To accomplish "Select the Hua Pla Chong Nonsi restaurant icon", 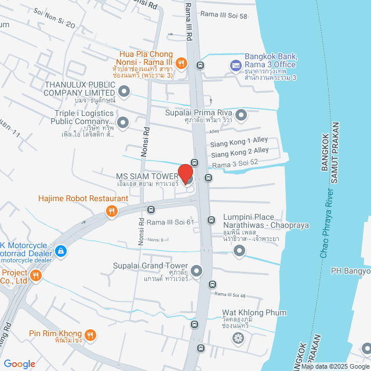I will (181, 62).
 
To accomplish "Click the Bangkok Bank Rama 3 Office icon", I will (235, 65).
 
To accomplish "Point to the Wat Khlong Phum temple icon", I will (237, 337).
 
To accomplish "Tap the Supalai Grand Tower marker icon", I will (197, 271).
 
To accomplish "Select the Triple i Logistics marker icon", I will (122, 122).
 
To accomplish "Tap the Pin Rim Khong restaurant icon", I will (90, 334).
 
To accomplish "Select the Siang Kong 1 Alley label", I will (239, 141).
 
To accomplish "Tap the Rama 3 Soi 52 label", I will (235, 165).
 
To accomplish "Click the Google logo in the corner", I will (19, 363).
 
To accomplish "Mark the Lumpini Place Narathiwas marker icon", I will (239, 250).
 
